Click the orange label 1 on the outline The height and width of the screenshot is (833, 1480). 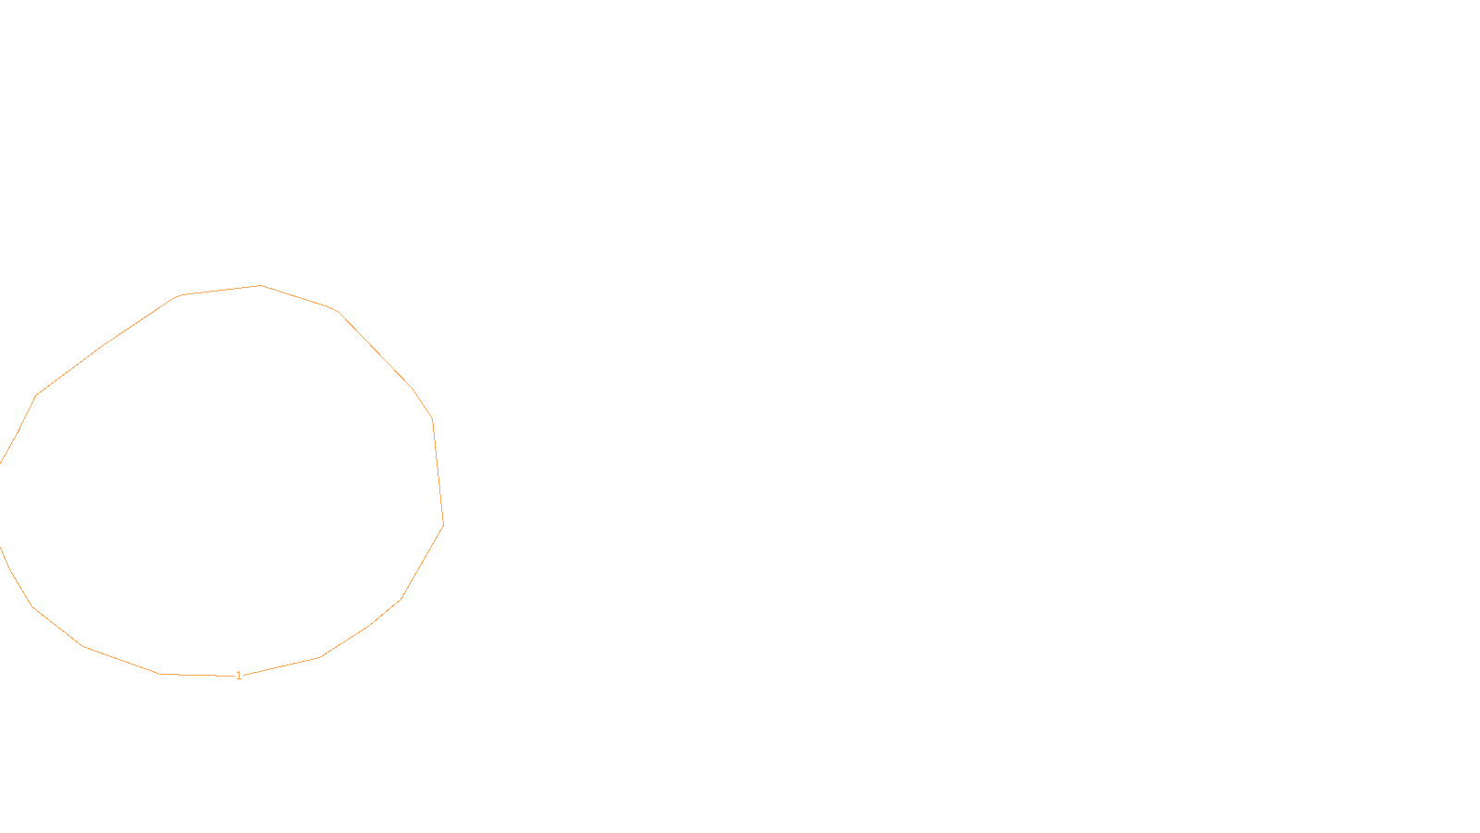(239, 676)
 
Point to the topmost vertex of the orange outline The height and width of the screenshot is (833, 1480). (261, 285)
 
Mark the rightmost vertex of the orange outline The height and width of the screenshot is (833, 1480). (443, 524)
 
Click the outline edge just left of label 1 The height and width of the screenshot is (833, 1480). (194, 675)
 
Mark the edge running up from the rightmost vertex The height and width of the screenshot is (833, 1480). (438, 472)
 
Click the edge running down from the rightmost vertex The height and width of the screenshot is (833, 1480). (422, 562)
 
